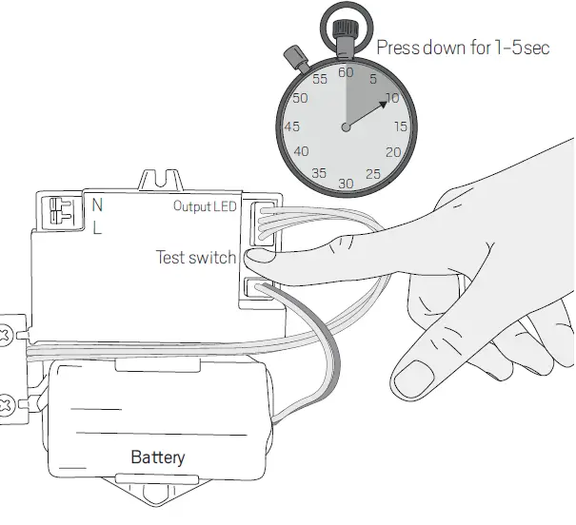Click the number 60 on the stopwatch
point(346,71)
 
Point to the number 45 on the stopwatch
point(292,126)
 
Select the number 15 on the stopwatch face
point(401,126)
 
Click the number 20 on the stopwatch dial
point(392,152)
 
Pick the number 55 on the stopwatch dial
point(319,79)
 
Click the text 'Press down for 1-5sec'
point(463,47)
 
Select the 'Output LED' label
point(205,205)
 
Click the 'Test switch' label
point(195,257)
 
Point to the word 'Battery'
point(158,457)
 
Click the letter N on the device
point(97,204)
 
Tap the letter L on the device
point(96,228)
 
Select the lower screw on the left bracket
point(8,402)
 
